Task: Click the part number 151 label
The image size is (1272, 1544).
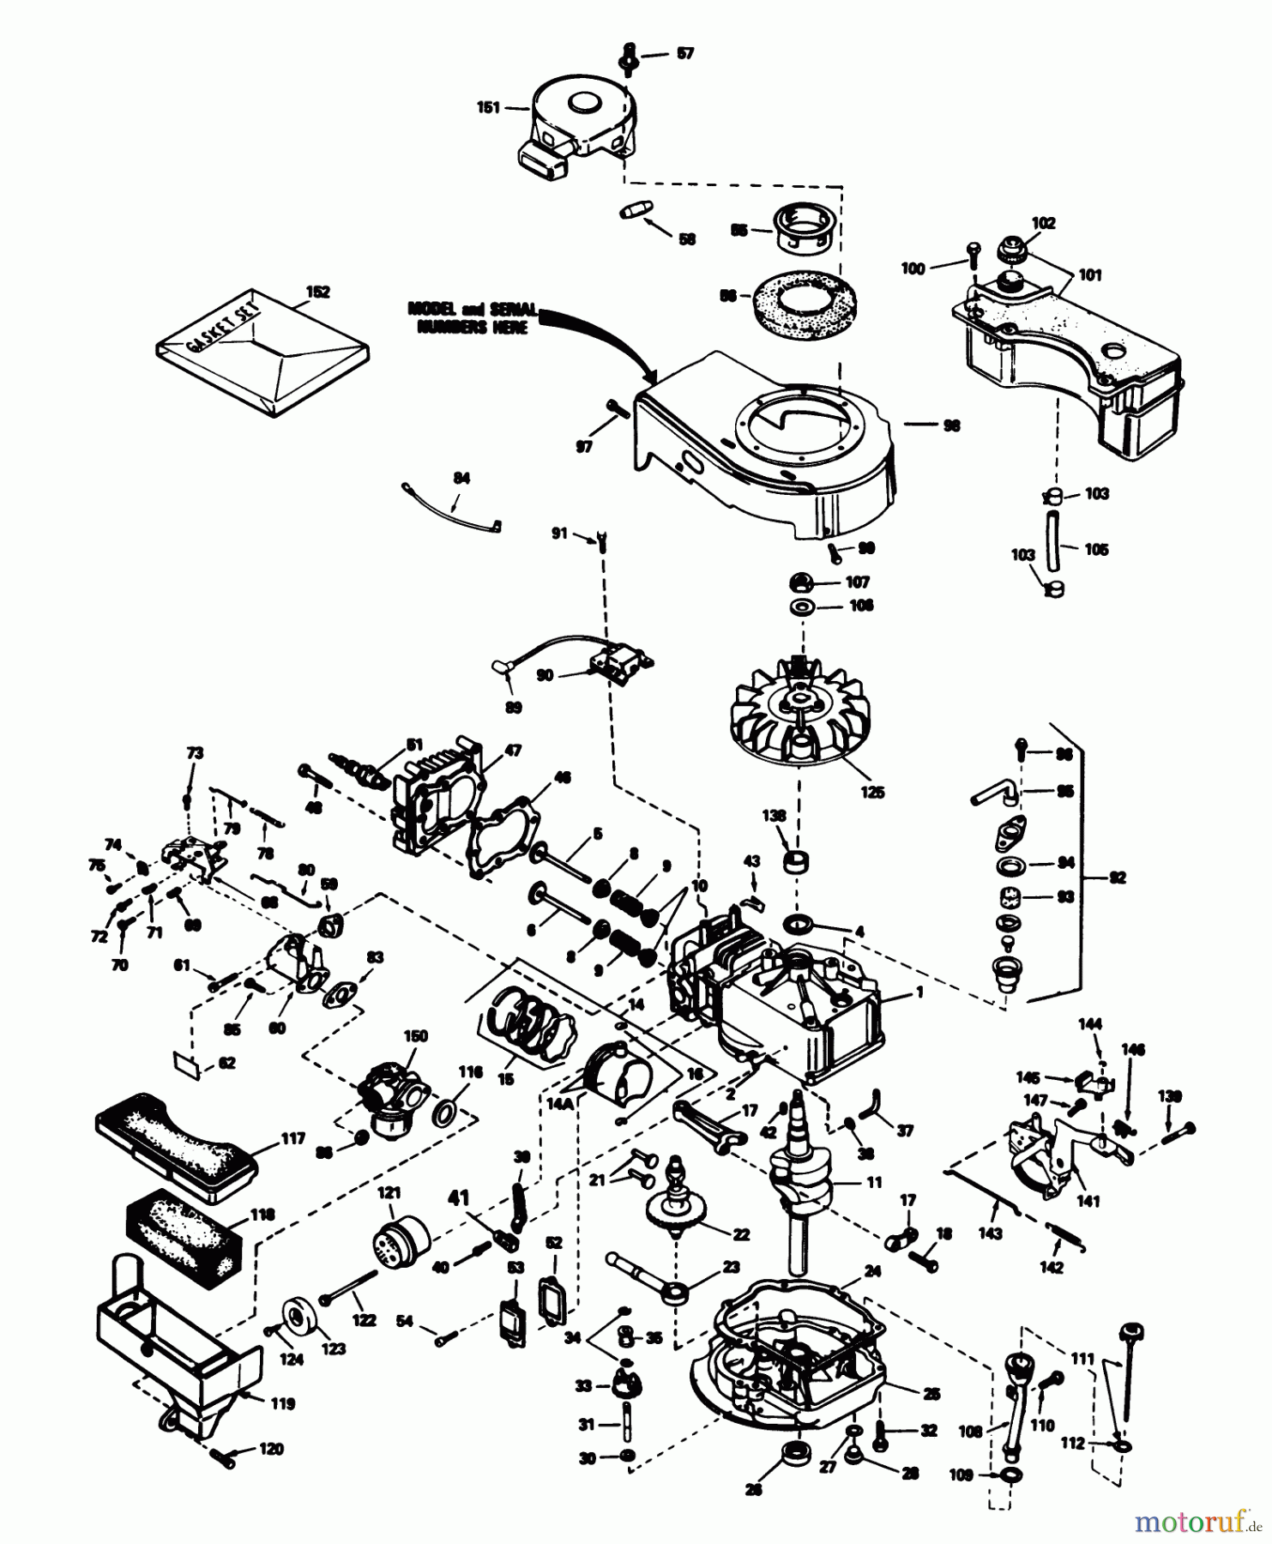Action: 488,108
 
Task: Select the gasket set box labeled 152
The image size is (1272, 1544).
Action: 262,353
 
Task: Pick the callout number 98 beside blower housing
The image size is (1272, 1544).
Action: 950,425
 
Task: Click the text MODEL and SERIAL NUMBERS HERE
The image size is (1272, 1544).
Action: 473,317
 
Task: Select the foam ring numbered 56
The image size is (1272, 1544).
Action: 803,298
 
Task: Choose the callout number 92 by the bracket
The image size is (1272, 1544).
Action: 1117,878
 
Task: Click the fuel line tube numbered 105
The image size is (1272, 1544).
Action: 1052,540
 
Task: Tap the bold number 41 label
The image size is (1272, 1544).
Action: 460,1197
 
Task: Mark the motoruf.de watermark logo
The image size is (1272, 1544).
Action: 1197,1523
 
